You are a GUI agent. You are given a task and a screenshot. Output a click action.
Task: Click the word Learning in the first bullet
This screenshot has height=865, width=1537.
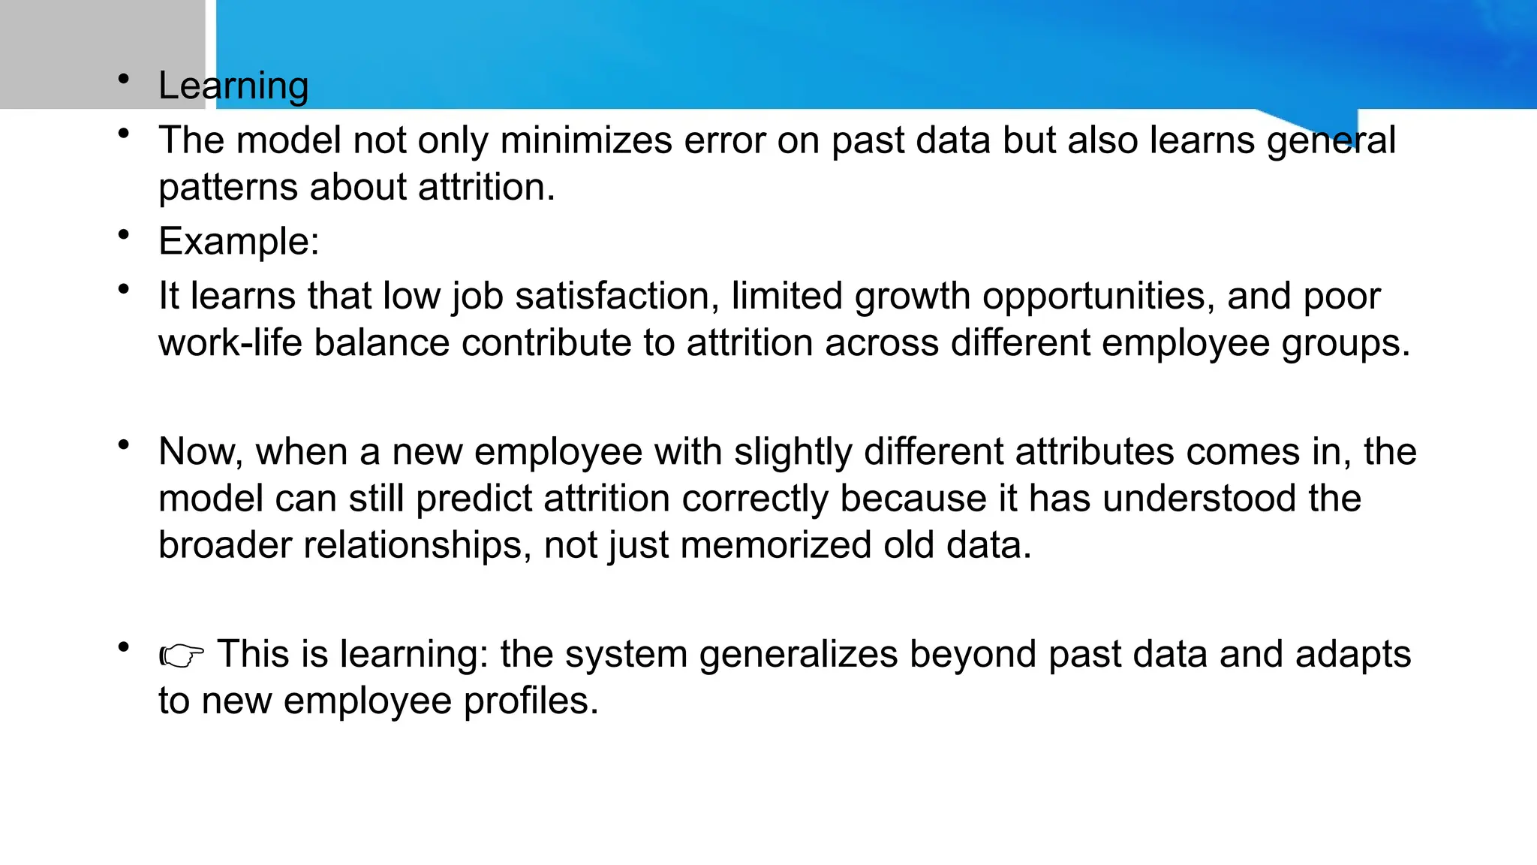(233, 86)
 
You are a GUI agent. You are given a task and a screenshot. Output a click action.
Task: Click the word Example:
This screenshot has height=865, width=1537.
(239, 242)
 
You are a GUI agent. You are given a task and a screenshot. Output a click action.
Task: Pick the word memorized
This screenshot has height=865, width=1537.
(775, 545)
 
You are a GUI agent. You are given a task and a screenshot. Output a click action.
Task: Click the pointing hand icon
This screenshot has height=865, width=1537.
(182, 656)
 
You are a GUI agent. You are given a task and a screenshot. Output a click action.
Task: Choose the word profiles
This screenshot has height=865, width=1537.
(531, 701)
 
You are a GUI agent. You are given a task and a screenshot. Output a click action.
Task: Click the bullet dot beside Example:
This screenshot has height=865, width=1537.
(124, 234)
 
